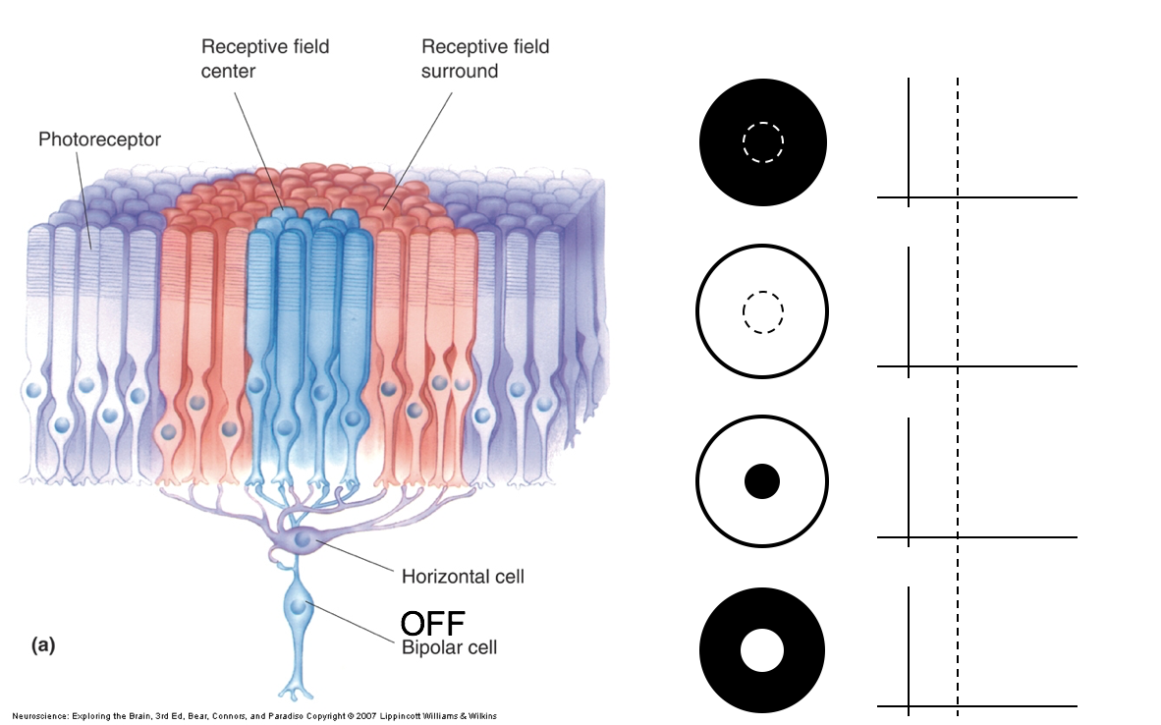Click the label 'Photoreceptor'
99,139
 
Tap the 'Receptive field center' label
265,59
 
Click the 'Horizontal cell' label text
463,577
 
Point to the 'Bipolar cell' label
449,647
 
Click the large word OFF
432,623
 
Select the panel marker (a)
43,644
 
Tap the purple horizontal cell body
299,539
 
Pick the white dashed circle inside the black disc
763,142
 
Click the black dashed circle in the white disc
763,312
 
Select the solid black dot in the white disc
762,481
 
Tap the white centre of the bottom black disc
762,651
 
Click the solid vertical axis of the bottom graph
910,648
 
